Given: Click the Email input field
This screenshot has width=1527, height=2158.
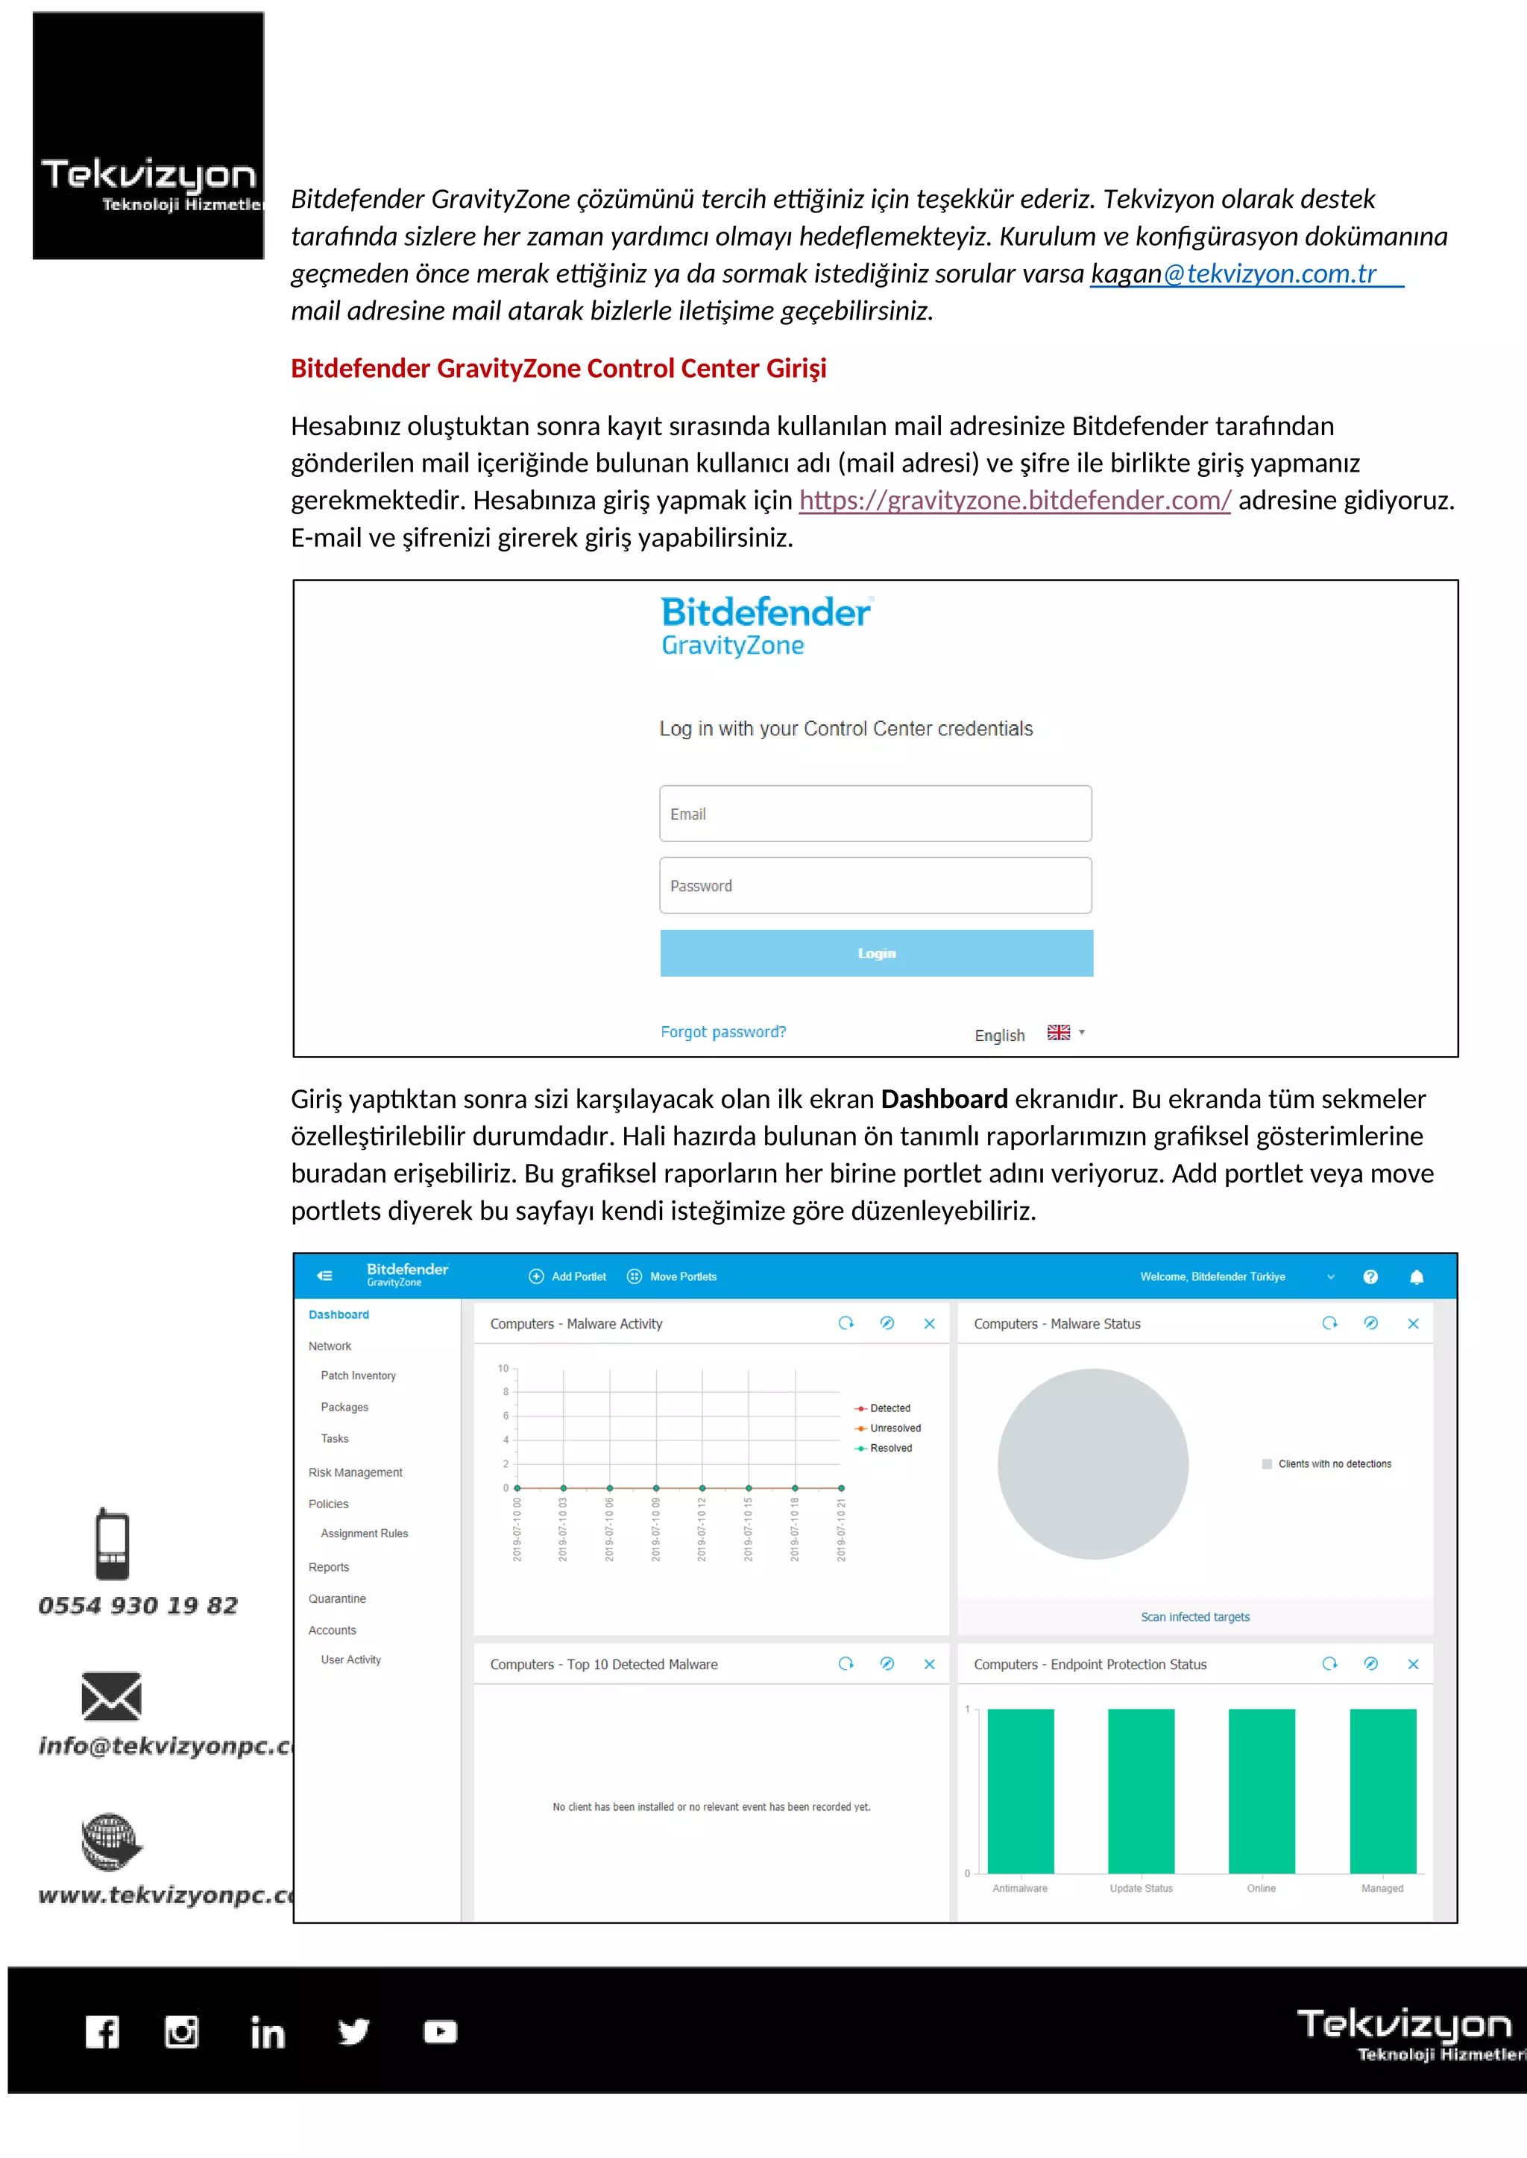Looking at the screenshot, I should (x=875, y=814).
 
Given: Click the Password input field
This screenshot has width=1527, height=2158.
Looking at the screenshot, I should (x=875, y=885).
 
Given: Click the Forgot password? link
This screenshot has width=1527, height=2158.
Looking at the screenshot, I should (x=723, y=1032).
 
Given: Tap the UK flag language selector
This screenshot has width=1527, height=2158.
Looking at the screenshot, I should (x=1059, y=1033).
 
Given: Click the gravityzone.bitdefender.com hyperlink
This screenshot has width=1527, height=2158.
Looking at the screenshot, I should (x=1015, y=501).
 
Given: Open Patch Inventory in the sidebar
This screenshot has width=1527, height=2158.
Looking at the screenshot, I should (x=357, y=1376).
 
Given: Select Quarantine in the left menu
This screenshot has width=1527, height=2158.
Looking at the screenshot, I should (x=336, y=1599).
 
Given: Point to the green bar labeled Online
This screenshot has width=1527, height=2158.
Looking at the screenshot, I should (x=1261, y=1791).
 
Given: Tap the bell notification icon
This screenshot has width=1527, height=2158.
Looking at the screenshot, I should (x=1416, y=1276).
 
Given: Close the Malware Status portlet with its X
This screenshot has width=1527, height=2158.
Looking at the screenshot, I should (x=1412, y=1323).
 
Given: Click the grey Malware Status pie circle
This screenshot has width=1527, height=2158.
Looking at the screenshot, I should (x=1092, y=1464).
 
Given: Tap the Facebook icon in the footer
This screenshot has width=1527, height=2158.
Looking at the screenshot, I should (x=102, y=2032).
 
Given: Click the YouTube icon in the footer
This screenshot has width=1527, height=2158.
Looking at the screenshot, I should (x=440, y=2032).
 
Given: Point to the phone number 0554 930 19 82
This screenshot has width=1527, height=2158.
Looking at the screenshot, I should (x=138, y=1605).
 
